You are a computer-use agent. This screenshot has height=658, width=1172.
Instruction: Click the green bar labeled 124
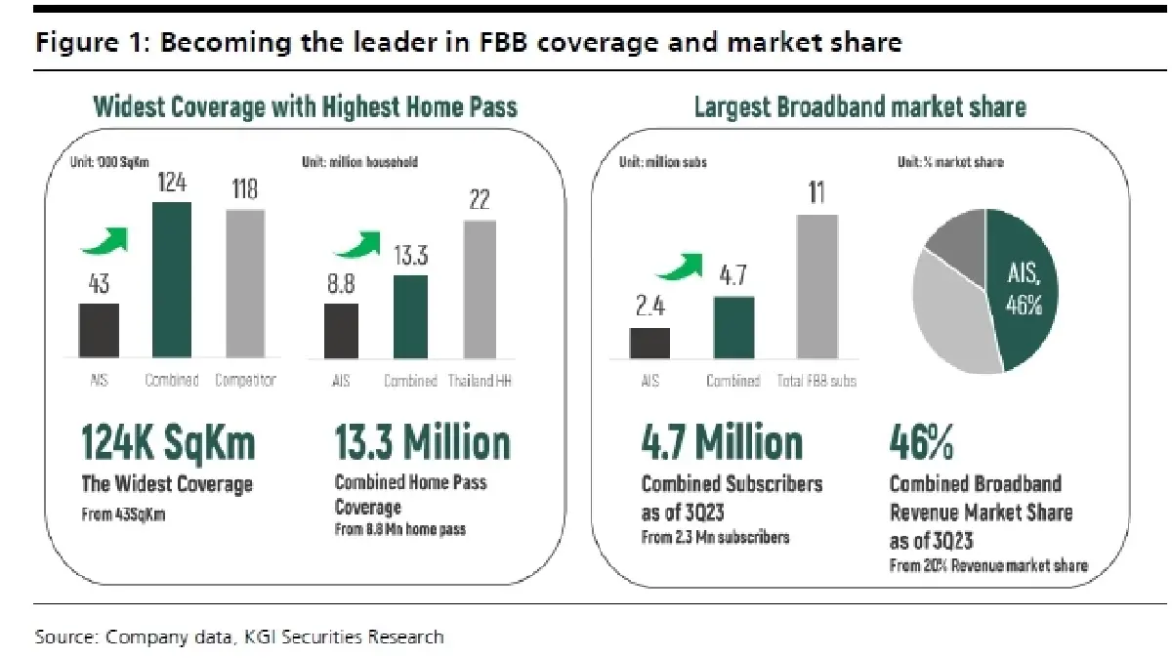pos(172,281)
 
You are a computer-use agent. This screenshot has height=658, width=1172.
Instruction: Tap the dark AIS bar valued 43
pos(99,332)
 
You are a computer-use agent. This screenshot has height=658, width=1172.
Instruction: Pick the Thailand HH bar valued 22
pos(479,290)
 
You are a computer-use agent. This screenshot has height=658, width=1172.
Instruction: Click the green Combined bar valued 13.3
pos(410,317)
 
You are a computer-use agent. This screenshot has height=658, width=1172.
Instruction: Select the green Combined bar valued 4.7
pos(733,328)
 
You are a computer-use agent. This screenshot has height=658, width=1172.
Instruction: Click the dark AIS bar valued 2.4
pos(649,344)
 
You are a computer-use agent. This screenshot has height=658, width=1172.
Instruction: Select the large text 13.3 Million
pos(422,442)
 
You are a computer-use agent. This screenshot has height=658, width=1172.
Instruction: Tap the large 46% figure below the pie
pos(921,442)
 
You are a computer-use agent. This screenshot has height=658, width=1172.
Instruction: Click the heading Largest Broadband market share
pos(859,106)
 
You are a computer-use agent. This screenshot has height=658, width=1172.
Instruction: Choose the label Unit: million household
pos(359,162)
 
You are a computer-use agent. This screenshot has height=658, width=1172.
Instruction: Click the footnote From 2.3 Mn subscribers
pos(715,536)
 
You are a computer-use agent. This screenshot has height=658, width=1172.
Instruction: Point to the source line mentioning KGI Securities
pos(239,637)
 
